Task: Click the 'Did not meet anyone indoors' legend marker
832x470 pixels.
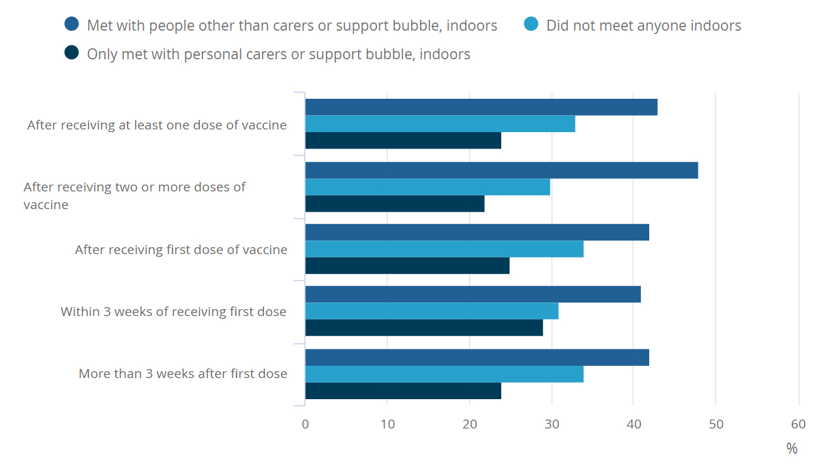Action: [x=531, y=25]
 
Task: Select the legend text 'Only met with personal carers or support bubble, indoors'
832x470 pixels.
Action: [x=278, y=54]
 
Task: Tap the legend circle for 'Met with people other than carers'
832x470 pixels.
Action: [x=72, y=25]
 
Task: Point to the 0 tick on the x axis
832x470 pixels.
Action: [x=305, y=424]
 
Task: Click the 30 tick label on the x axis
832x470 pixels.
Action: [x=552, y=424]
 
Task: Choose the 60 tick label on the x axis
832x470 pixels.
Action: [x=798, y=424]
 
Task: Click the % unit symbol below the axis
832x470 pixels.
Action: [x=792, y=448]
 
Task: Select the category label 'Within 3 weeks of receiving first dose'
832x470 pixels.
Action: [x=173, y=312]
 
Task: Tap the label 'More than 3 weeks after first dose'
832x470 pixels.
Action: [x=183, y=374]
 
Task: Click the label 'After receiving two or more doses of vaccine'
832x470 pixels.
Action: [x=134, y=195]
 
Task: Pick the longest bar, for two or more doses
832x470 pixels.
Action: [x=501, y=170]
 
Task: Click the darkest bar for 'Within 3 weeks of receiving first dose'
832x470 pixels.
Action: [x=424, y=328]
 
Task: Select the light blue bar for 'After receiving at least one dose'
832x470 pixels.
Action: [x=440, y=124]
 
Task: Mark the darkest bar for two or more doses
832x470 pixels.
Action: [x=394, y=204]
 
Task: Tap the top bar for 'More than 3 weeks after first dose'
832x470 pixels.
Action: [x=477, y=358]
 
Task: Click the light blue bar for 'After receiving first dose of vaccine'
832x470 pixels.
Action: [x=444, y=249]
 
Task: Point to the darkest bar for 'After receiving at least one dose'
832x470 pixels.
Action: [x=402, y=140]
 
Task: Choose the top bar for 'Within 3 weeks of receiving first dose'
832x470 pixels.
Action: [x=473, y=294]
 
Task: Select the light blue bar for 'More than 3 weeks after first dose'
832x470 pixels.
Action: [x=444, y=374]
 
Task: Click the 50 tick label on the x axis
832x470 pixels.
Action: [x=715, y=424]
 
